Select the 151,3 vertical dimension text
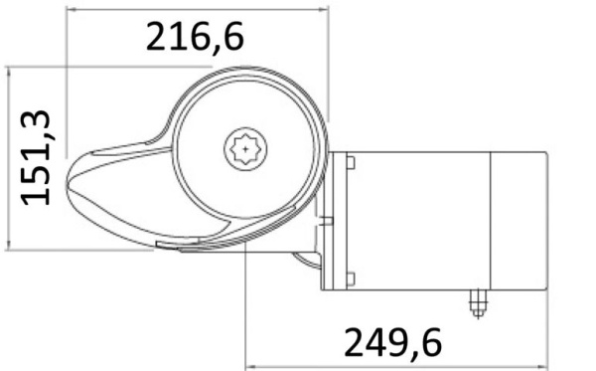coord(38,157)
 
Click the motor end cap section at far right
coord(521,219)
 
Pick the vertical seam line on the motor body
coord(493,219)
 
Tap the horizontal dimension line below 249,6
coord(397,365)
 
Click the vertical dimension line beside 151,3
coord(9,157)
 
